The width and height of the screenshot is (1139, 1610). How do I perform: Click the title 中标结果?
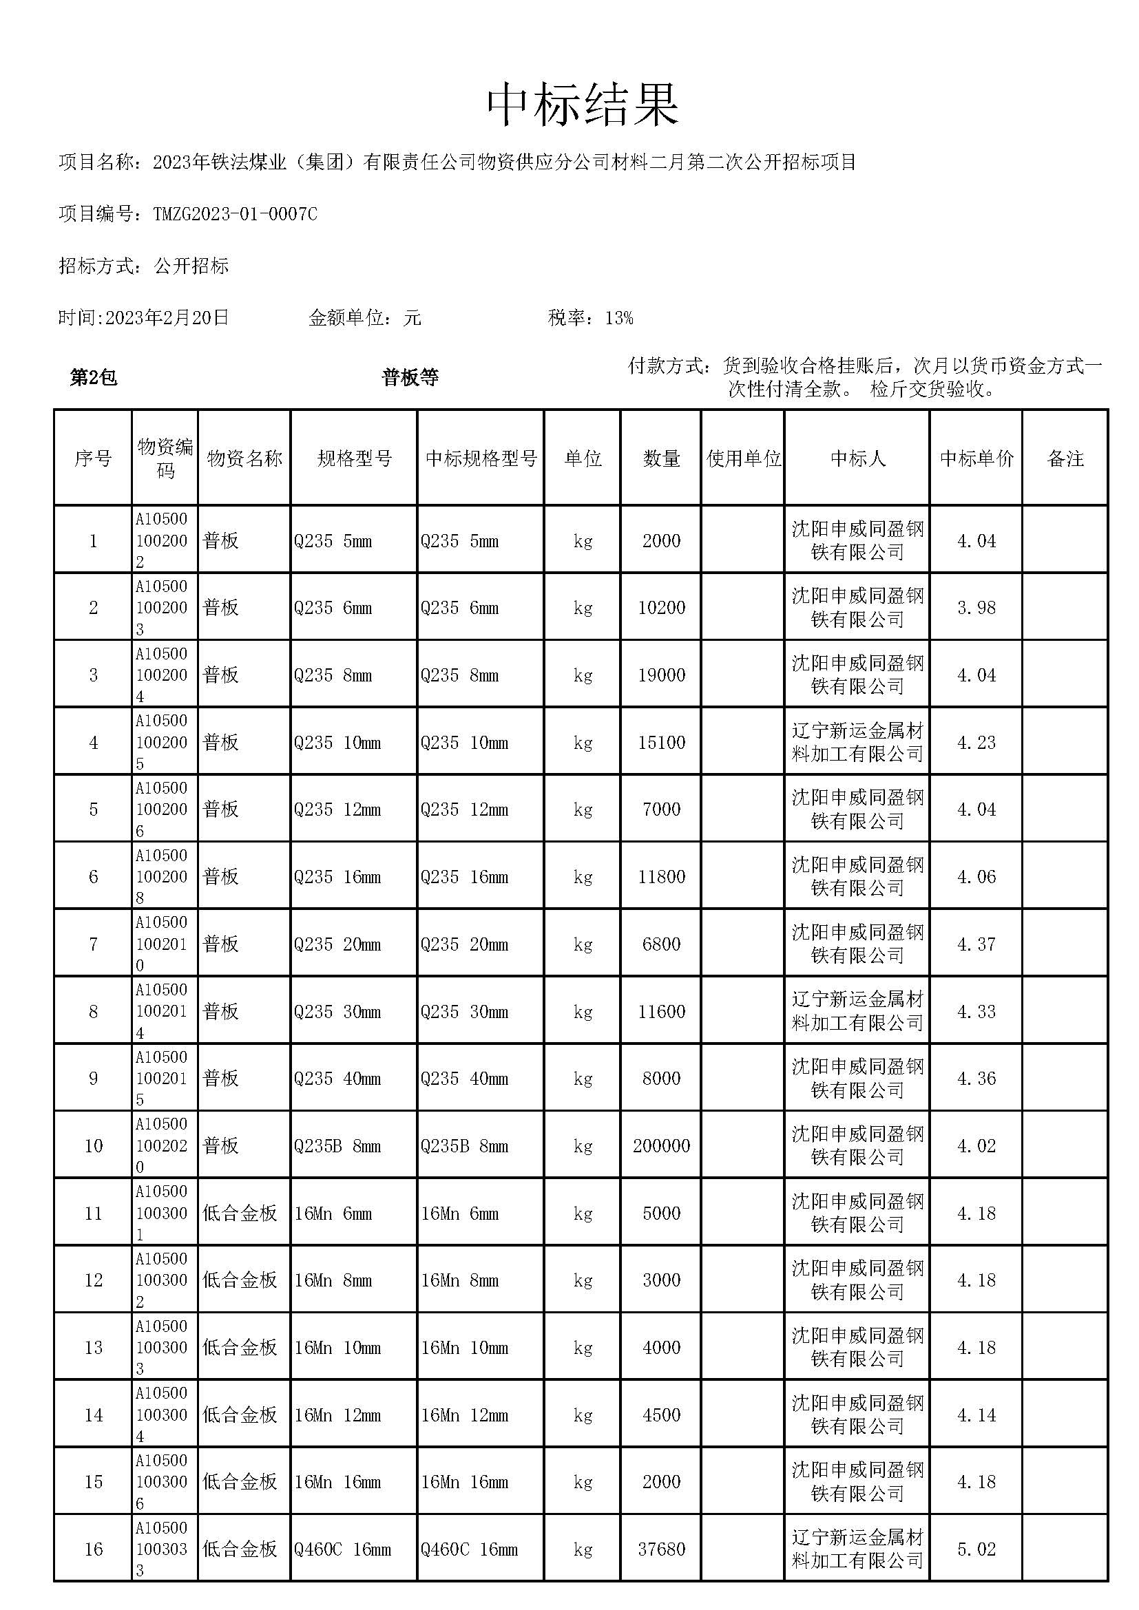(583, 105)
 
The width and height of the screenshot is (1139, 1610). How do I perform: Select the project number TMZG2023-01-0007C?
(235, 214)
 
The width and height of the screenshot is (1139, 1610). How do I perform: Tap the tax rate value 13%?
(618, 319)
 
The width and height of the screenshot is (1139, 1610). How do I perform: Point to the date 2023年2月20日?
(167, 319)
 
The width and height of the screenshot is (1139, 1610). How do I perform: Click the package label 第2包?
(93, 378)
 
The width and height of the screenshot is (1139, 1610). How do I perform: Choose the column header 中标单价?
(976, 458)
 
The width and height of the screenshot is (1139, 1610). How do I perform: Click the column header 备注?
(1065, 458)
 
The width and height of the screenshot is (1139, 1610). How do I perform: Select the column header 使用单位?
(744, 458)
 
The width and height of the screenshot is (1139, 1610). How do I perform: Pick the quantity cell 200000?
(661, 1146)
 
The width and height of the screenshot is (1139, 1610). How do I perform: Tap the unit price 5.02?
(976, 1549)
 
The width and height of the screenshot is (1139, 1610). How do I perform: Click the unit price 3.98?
(976, 608)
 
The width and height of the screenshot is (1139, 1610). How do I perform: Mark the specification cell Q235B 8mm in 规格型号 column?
(337, 1147)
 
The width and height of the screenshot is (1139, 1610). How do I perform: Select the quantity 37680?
(661, 1549)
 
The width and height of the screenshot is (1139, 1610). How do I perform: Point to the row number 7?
(93, 944)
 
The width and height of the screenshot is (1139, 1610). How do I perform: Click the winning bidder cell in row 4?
(857, 743)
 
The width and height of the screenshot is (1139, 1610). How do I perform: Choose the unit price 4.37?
(976, 944)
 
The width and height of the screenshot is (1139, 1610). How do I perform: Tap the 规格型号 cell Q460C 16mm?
(342, 1549)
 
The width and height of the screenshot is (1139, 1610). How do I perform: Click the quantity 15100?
(661, 743)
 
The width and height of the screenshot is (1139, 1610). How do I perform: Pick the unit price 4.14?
(976, 1415)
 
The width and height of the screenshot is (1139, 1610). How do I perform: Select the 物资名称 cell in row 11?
(240, 1213)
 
